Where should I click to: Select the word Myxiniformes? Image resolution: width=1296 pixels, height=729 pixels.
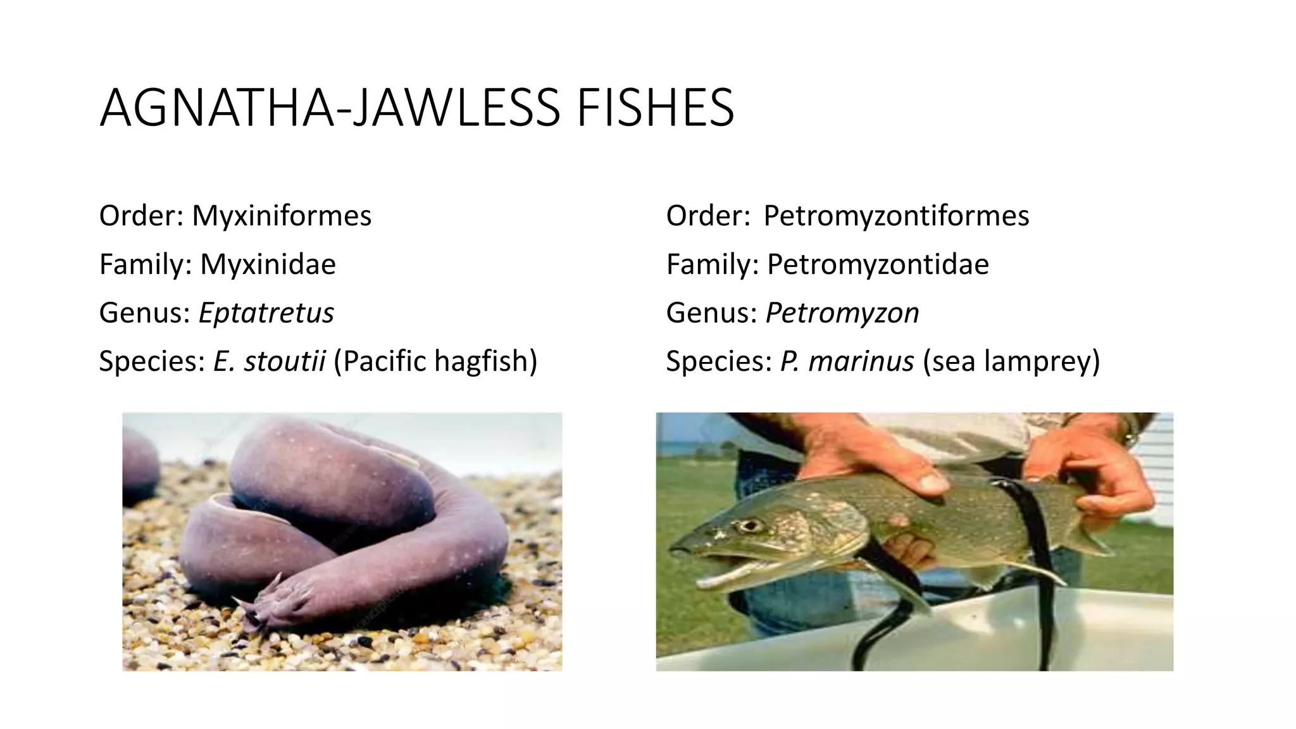[x=282, y=216]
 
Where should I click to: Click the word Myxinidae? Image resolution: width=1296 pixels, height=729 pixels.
[x=268, y=264]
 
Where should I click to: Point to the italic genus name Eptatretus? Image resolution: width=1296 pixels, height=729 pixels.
[x=266, y=313]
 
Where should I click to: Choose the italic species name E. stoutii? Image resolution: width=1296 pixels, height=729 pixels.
[x=270, y=361]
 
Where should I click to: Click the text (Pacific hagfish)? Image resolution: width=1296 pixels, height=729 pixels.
[x=435, y=361]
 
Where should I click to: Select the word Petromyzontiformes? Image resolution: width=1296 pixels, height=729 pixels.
[x=896, y=216]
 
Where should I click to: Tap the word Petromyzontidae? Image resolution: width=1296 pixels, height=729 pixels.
[x=878, y=264]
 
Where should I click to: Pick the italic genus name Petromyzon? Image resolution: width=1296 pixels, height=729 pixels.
[x=842, y=313]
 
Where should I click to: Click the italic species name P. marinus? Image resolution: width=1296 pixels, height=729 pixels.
[x=847, y=361]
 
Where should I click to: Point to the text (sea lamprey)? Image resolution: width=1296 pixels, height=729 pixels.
[x=1011, y=361]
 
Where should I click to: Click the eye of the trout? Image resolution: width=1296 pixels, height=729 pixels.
[x=751, y=525]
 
